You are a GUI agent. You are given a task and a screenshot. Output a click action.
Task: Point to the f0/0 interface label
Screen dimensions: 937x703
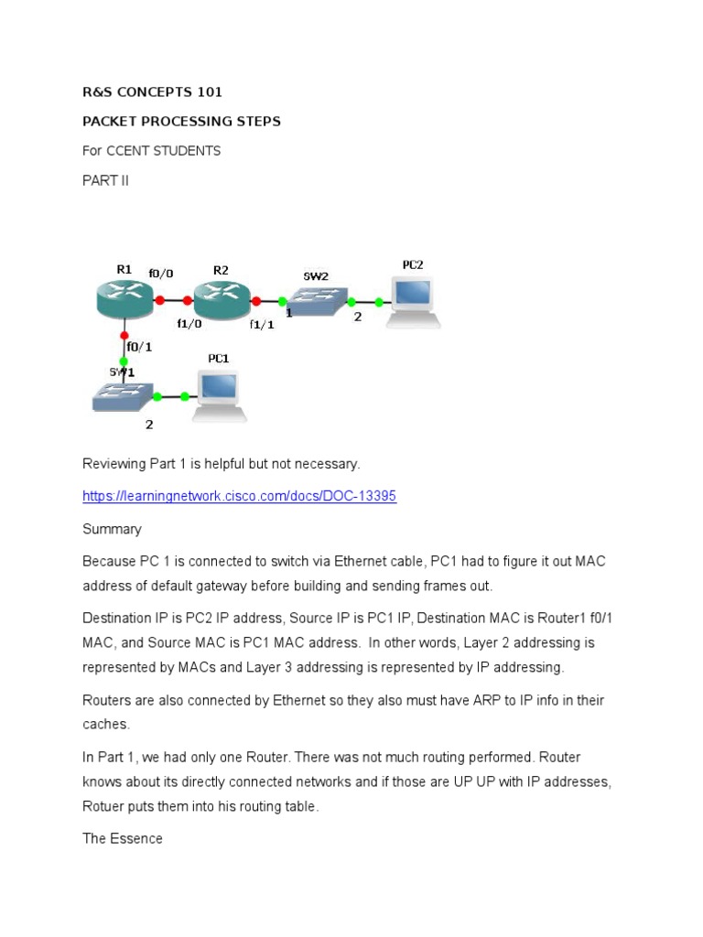(x=173, y=273)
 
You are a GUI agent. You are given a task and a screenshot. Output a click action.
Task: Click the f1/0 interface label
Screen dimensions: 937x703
(x=189, y=323)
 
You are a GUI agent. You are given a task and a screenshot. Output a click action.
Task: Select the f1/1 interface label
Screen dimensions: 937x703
(x=262, y=324)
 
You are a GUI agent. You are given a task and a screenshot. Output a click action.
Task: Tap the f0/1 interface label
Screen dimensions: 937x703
(x=140, y=347)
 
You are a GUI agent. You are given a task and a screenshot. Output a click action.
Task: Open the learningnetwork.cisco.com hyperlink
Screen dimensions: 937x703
(x=239, y=496)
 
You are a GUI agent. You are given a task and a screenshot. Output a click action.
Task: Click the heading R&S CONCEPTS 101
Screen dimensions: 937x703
(x=152, y=92)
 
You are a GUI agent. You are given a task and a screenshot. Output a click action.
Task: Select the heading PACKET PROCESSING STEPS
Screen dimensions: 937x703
(x=181, y=122)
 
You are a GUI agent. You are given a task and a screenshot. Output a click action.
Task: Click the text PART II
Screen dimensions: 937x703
(x=105, y=180)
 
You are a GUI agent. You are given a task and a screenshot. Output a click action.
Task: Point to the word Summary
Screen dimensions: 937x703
(x=112, y=529)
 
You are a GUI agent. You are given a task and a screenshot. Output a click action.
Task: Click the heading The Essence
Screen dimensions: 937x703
(x=123, y=838)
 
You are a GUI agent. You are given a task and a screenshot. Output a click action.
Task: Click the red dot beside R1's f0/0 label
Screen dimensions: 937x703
(x=159, y=299)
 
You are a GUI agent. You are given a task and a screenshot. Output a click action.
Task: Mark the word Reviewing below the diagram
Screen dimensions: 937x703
(x=114, y=464)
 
